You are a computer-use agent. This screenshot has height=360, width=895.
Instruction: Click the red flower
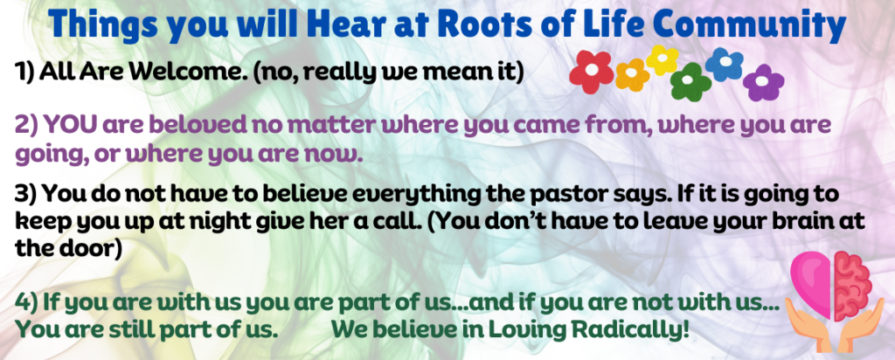coord(592,72)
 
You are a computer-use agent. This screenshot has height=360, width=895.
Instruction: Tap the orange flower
coord(633,75)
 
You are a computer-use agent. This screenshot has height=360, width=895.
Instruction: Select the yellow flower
coord(663,60)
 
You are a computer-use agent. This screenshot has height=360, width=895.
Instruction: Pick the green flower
coord(690,82)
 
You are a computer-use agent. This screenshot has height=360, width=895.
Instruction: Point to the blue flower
coord(725,65)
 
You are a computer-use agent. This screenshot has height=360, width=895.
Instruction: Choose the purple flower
coord(764,83)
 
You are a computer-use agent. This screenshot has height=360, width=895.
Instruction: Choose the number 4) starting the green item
coord(25,302)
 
